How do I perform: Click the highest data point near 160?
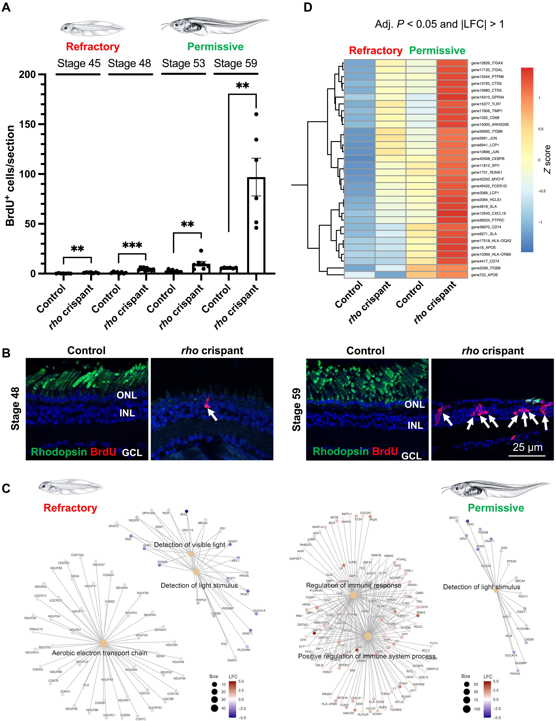pos(256,114)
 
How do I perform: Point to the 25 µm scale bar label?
pos(527,447)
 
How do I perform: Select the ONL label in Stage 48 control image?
pos(127,395)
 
